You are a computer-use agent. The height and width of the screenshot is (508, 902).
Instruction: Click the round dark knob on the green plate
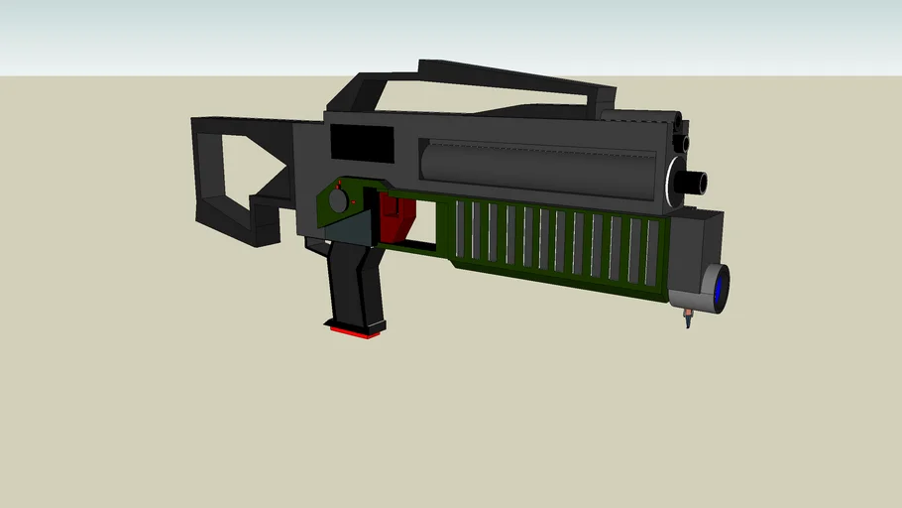(339, 199)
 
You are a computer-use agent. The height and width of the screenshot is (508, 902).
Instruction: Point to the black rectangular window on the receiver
(360, 143)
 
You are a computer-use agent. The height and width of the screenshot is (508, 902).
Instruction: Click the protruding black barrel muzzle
(694, 182)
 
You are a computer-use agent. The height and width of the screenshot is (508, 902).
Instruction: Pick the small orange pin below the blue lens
(688, 319)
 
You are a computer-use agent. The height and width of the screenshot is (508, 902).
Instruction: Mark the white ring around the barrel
(677, 182)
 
